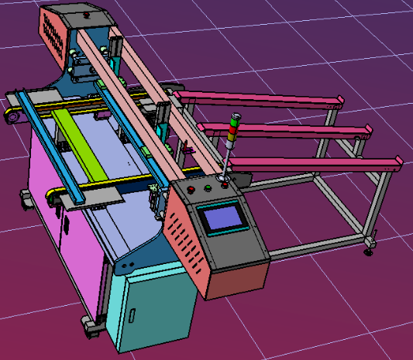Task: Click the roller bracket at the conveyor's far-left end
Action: [x=11, y=117]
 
